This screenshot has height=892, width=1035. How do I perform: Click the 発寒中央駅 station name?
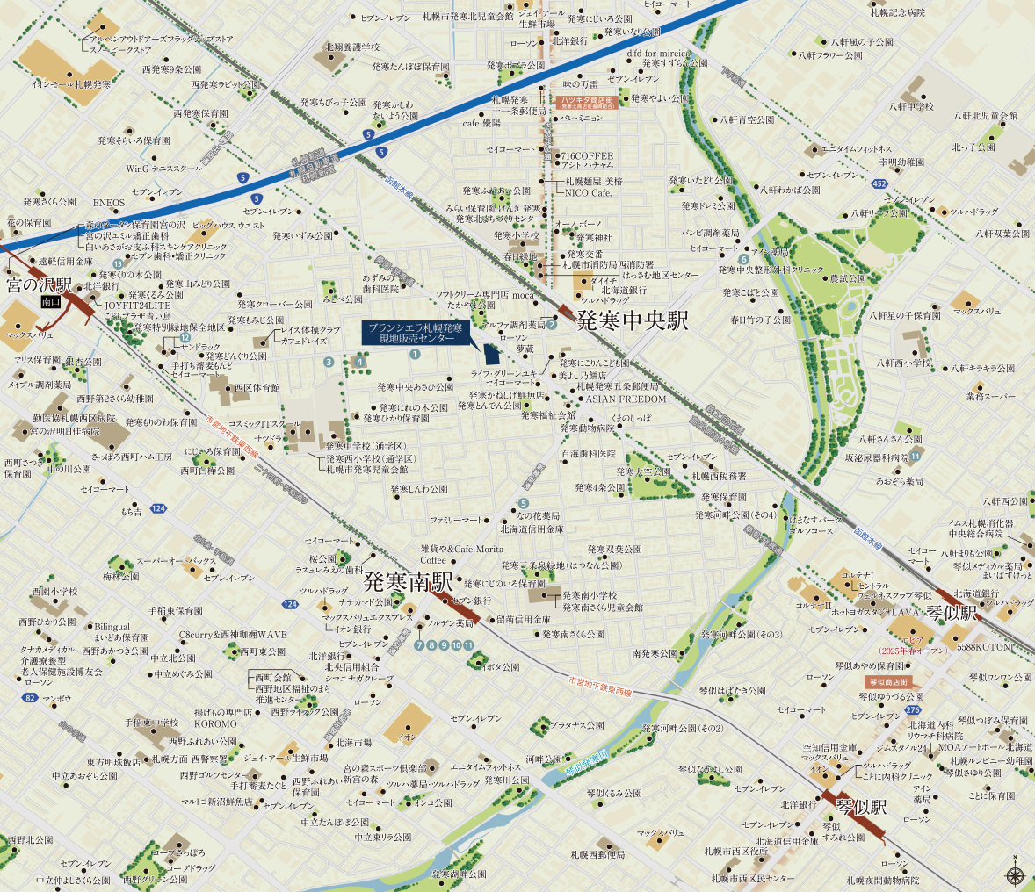632,321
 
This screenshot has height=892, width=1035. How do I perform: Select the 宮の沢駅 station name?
40,285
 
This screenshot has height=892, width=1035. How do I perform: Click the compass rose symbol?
1016,874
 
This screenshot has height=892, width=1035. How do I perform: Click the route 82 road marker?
31,698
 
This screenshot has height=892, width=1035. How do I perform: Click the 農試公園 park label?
848,278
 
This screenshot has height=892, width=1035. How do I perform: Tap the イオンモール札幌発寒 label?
71,85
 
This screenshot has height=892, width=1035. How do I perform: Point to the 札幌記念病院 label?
898,12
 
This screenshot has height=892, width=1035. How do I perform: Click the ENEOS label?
109,204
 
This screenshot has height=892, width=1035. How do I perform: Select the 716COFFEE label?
588,156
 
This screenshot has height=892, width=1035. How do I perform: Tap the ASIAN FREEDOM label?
626,399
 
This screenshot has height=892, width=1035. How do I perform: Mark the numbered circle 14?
916,456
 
